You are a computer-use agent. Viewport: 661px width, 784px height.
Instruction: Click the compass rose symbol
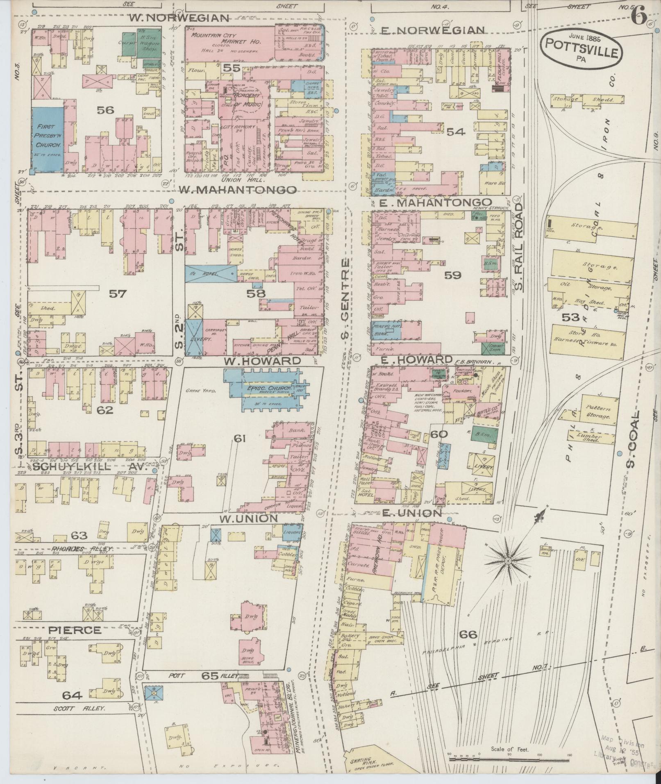point(507,560)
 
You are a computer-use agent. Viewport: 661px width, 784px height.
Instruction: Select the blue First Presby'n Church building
point(48,139)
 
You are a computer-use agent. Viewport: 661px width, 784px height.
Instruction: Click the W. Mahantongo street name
point(238,189)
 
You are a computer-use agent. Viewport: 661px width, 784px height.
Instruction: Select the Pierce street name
point(75,629)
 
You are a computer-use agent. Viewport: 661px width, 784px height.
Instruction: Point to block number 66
point(468,634)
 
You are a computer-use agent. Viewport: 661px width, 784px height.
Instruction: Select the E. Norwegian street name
point(433,30)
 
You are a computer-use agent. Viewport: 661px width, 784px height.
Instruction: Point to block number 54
point(456,132)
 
